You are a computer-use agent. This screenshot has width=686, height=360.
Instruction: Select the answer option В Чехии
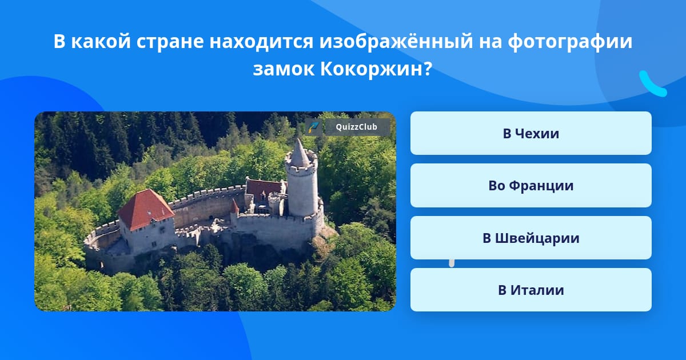[531, 133]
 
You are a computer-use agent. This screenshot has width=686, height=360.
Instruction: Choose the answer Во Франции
[531, 186]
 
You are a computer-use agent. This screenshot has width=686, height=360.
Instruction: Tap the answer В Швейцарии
[531, 238]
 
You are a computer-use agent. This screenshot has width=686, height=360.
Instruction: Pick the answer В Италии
[531, 290]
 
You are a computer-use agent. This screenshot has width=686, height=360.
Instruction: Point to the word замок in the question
[284, 70]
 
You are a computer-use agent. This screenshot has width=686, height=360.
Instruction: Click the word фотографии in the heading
[570, 42]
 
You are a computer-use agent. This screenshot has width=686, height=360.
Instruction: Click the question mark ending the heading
[428, 69]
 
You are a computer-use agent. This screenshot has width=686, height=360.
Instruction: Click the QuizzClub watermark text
[357, 127]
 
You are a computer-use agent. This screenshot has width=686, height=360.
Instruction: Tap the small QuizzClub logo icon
[313, 127]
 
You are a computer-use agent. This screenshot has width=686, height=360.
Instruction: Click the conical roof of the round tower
[299, 153]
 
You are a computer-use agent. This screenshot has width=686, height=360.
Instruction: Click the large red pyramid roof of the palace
[145, 209]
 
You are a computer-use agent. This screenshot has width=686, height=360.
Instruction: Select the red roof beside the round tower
[263, 189]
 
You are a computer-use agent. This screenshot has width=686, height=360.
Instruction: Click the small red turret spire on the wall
[234, 206]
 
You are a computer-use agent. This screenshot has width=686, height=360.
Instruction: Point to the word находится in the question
[262, 42]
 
